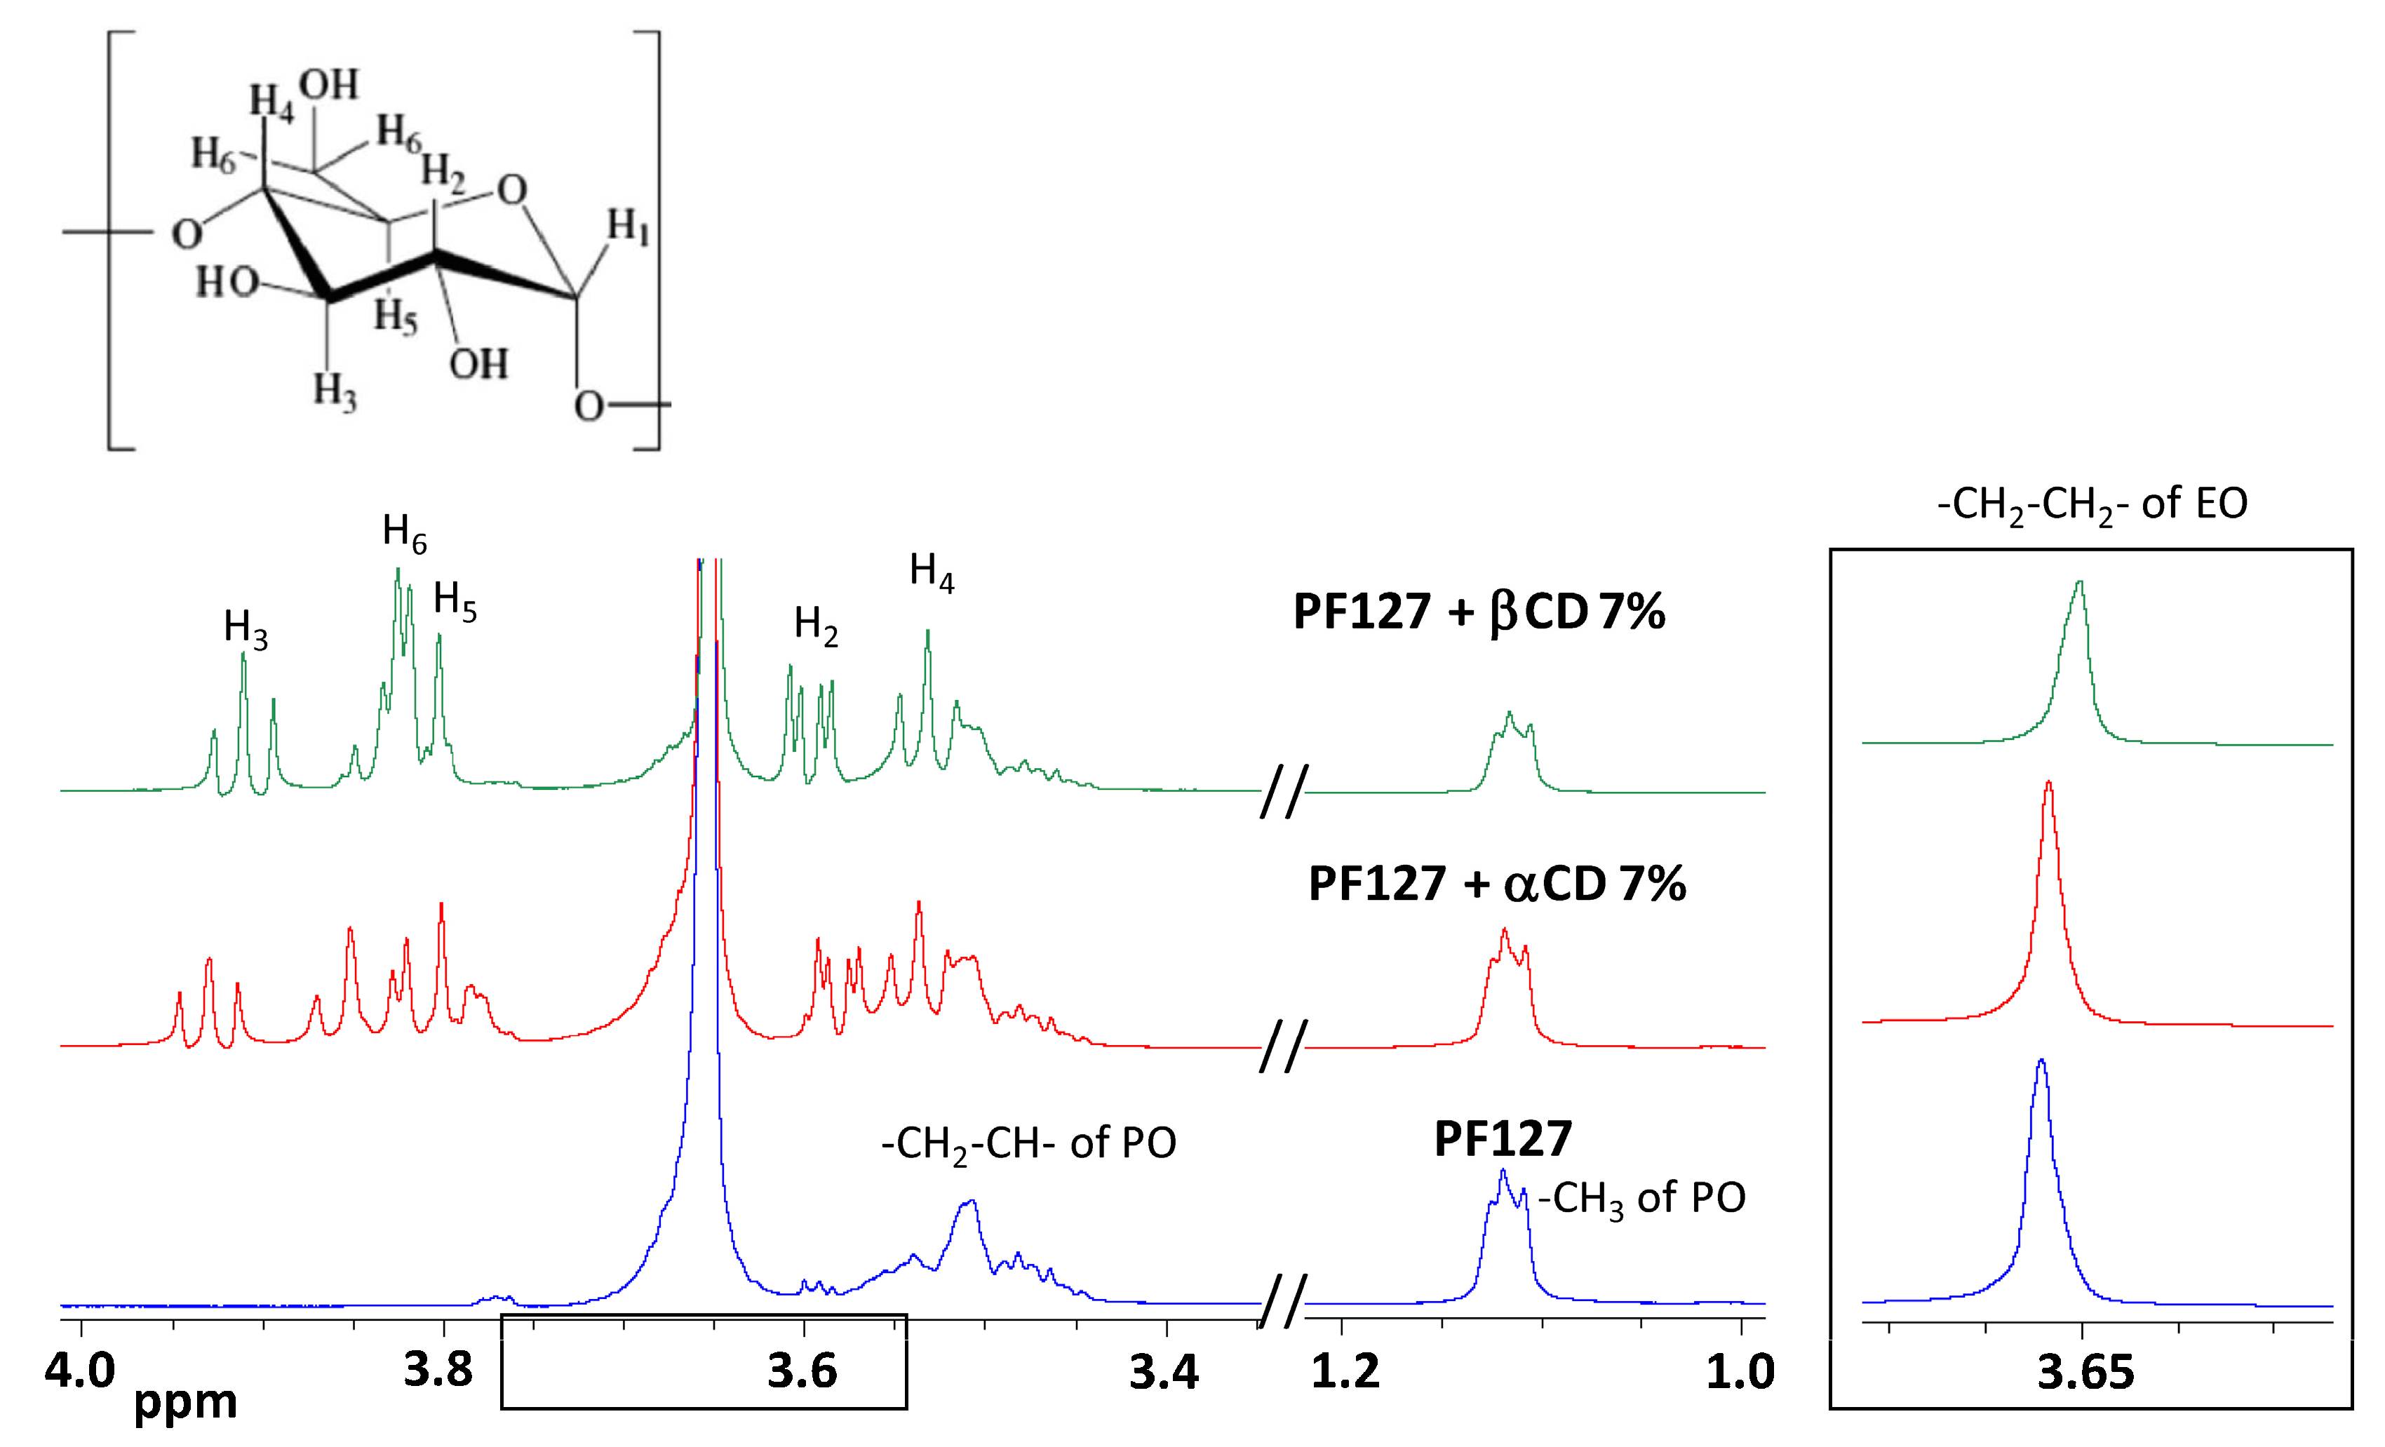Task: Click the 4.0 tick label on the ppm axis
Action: pyautogui.click(x=79, y=1371)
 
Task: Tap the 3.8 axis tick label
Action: pyautogui.click(x=438, y=1371)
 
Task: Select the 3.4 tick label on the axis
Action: pyautogui.click(x=1164, y=1373)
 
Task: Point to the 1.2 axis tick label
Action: pyautogui.click(x=1345, y=1373)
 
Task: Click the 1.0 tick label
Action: pyautogui.click(x=1740, y=1373)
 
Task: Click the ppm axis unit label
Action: pyautogui.click(x=185, y=1404)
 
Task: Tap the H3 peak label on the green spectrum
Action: pyautogui.click(x=245, y=628)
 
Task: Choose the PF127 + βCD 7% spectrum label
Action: pyautogui.click(x=1478, y=612)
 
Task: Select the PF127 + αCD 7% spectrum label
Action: pyautogui.click(x=1496, y=884)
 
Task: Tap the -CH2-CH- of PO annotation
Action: pyautogui.click(x=1028, y=1145)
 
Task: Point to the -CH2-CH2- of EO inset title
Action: pyautogui.click(x=2092, y=504)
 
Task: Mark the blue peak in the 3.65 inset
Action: pyautogui.click(x=2041, y=1065)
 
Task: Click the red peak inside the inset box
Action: pyautogui.click(x=2048, y=786)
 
